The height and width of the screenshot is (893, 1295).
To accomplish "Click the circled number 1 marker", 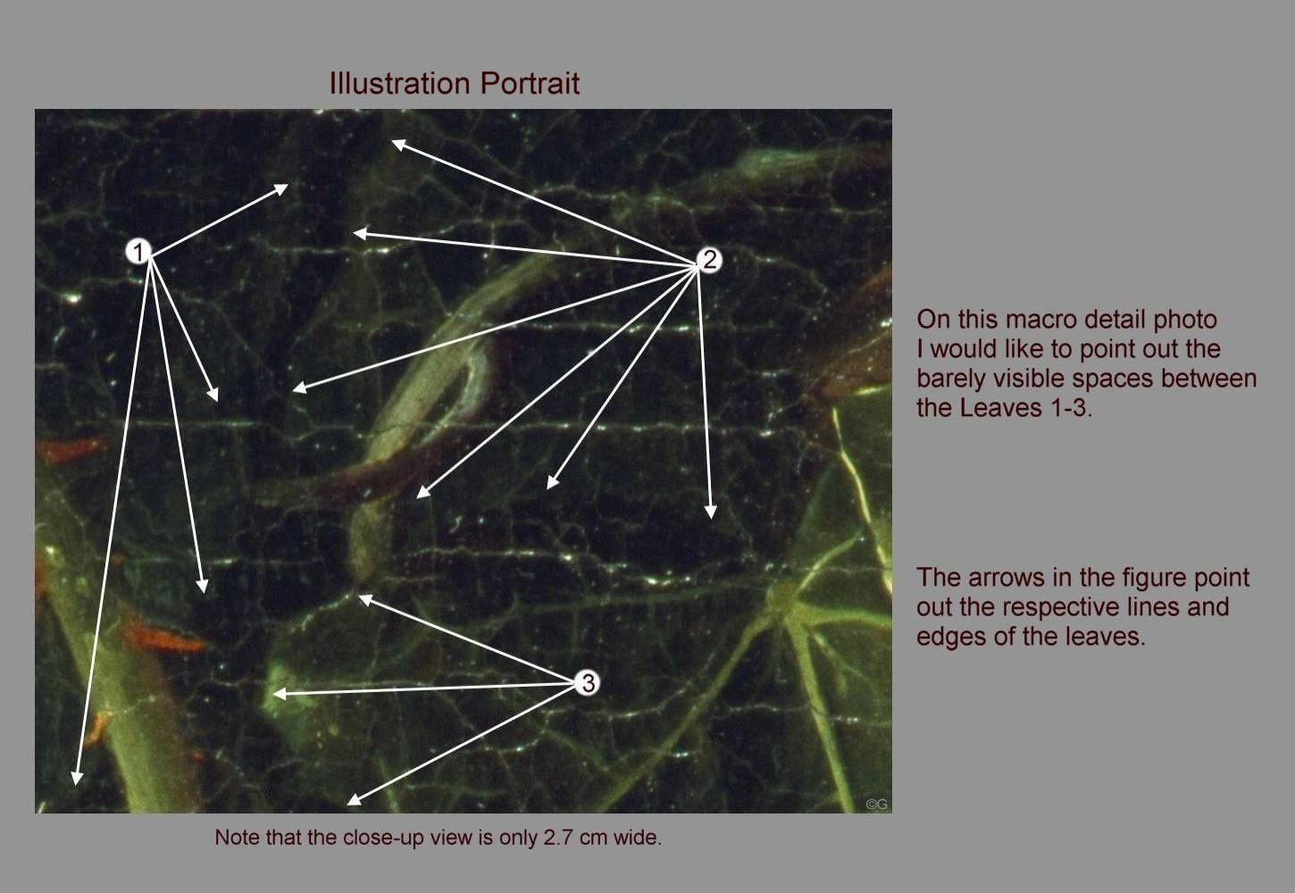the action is coord(138,252).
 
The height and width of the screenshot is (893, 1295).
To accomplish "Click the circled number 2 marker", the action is coord(709,260).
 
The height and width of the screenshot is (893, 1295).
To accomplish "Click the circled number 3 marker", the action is coord(588,683).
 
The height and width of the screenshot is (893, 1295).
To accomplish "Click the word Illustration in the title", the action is coord(400,83).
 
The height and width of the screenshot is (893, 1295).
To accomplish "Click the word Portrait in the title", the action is coord(531,83).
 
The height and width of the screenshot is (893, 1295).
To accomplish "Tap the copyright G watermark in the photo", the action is coord(876,804).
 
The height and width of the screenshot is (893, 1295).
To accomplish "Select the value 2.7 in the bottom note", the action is coord(555,838).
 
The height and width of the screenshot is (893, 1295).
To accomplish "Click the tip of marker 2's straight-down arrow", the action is coord(711,518).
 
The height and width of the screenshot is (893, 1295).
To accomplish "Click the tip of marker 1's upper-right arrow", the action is coord(288,185).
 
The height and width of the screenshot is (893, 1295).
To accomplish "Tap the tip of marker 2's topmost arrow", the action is coord(392,140).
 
